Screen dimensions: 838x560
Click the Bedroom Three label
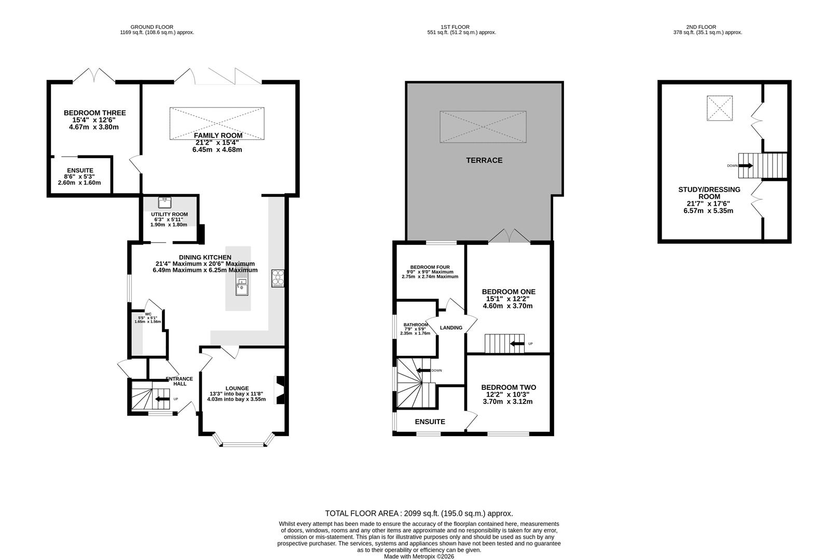94,113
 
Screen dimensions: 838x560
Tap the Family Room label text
218,135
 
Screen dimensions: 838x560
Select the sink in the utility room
164,203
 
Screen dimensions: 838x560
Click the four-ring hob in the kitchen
278,278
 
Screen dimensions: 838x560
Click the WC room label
148,314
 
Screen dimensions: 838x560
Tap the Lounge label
237,388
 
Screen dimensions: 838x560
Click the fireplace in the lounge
280,390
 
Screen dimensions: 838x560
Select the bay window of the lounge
243,440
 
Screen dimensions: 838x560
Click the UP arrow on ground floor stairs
162,399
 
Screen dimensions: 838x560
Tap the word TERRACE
484,160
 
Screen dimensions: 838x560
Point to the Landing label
451,328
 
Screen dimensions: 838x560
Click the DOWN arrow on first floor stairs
423,370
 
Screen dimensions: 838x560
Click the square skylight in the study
719,108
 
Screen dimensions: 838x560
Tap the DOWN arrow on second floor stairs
746,165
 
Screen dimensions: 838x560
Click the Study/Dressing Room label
709,193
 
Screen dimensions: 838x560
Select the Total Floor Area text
419,513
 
